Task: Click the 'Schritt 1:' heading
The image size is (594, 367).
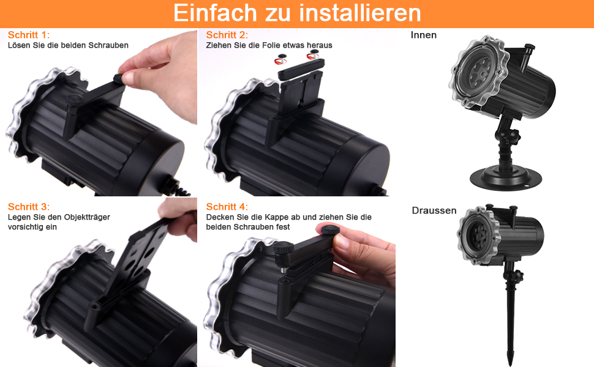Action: pos(29,35)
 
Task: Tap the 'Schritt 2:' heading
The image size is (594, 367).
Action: pos(227,35)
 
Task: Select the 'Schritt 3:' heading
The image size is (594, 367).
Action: pos(29,207)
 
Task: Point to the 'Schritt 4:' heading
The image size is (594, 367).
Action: pos(227,207)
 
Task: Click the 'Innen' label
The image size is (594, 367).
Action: pos(424,35)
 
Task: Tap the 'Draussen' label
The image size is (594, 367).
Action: pos(434,210)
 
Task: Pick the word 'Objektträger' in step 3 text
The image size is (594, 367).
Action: pos(87,217)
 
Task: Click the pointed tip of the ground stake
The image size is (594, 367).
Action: pos(509,365)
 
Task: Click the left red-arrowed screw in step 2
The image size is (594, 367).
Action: pos(280,59)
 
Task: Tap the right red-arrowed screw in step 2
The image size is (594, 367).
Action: pos(314,55)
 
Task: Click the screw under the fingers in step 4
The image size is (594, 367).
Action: pos(329,230)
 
